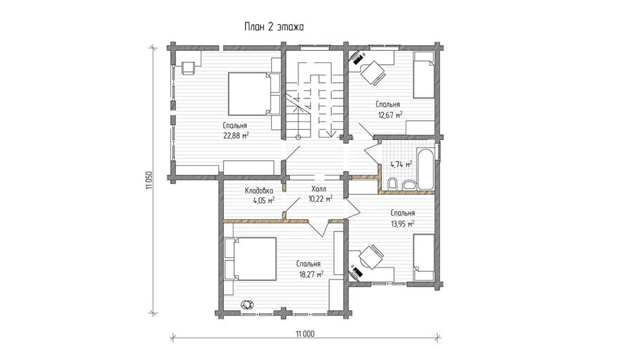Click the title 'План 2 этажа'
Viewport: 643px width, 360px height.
pos(274,27)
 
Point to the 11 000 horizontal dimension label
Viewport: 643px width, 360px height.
pos(305,334)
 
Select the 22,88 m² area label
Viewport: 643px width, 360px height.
pos(236,135)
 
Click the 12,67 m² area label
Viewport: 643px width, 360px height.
pos(390,115)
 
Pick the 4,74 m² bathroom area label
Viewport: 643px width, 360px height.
pos(401,165)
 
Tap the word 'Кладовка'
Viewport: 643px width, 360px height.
pos(258,191)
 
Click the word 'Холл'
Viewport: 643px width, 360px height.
pos(319,189)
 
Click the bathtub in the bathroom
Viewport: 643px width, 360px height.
pos(425,169)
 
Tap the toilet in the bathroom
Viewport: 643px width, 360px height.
pos(392,184)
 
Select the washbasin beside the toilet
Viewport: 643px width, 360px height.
pos(408,185)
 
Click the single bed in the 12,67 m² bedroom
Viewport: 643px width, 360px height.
pos(424,75)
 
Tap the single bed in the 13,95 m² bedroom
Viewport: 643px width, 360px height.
pos(424,257)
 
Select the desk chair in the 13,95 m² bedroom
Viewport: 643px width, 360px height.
pos(371,256)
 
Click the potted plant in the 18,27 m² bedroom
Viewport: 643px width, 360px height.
pos(248,304)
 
